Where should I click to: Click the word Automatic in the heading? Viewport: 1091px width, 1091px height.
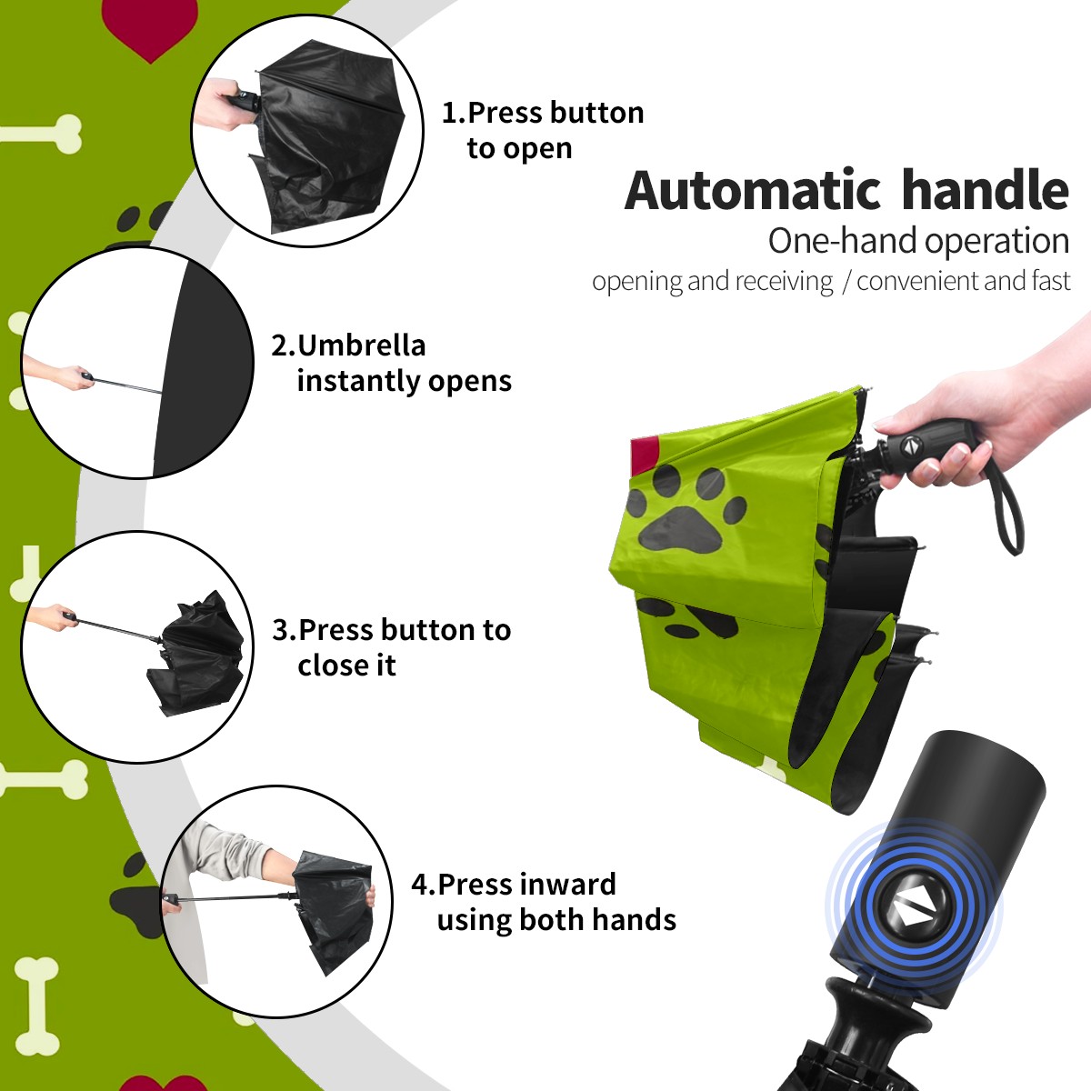pos(753,191)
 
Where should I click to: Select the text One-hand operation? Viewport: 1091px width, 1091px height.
pos(918,242)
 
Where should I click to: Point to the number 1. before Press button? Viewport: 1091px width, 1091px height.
pos(453,113)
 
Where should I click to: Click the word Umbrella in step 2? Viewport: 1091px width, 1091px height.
pos(362,345)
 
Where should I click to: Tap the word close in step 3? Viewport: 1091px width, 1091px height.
pos(327,665)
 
